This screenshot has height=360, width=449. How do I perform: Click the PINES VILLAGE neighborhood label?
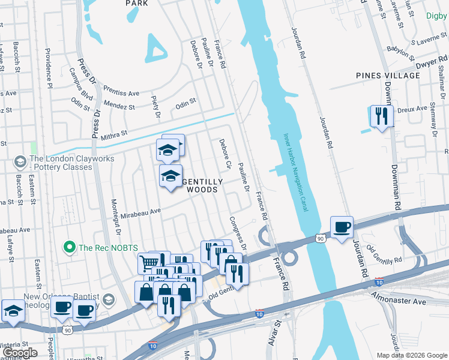click(x=388, y=76)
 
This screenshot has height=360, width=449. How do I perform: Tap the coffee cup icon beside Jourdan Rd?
click(x=342, y=227)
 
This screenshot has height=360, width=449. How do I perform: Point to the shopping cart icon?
click(x=149, y=263)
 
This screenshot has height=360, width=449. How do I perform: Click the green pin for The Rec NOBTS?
click(x=69, y=247)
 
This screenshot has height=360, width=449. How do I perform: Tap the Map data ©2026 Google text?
click(x=411, y=355)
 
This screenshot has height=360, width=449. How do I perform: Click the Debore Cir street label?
click(x=224, y=154)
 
